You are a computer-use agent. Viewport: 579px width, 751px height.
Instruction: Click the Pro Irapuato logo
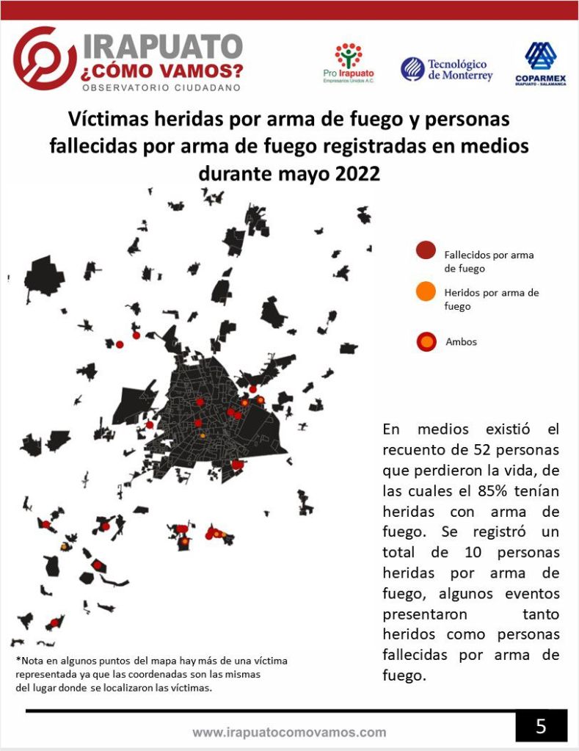(349, 63)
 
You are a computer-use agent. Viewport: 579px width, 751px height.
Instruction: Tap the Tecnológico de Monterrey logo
(446, 70)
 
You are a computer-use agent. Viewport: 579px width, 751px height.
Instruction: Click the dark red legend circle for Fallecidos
(425, 252)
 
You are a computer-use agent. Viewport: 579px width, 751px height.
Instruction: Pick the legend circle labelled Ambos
(425, 341)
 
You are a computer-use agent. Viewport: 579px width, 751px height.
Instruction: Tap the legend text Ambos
(461, 341)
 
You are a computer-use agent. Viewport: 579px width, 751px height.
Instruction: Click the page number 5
(541, 726)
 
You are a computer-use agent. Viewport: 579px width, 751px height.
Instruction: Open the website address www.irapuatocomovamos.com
(289, 732)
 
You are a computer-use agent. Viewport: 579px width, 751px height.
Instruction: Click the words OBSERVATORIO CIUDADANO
(162, 87)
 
